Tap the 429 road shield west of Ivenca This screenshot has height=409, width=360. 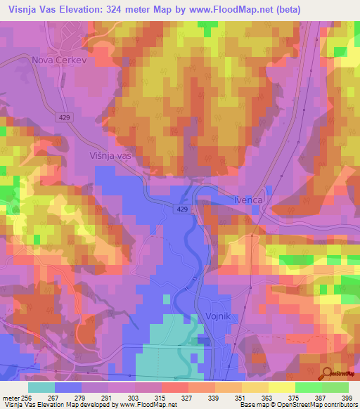coord(181,209)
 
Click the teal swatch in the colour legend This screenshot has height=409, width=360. coord(41,387)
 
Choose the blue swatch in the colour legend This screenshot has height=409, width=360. coord(68,387)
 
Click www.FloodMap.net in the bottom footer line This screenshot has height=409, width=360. coord(141,405)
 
